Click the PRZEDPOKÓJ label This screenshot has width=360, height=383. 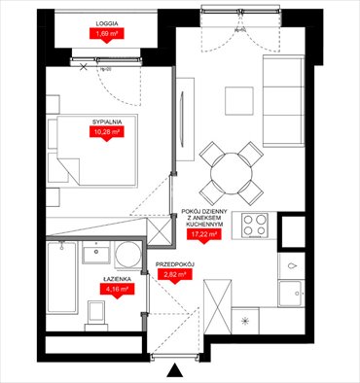(175, 263)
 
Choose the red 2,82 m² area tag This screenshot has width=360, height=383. (176, 275)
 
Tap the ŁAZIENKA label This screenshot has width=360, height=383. (118, 277)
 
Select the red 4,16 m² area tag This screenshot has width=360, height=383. (118, 289)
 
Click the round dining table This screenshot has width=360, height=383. (229, 171)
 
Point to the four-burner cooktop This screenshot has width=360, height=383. (256, 227)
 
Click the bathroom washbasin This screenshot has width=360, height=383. (95, 255)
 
